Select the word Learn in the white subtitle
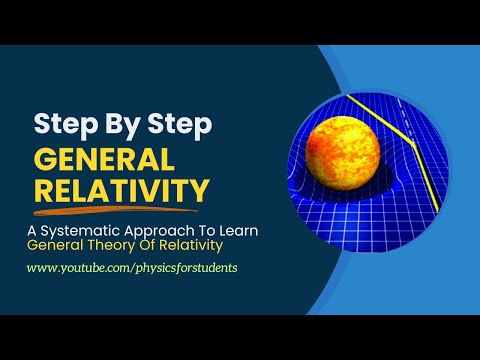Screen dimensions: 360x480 click(239, 231)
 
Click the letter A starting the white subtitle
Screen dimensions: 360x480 click(32, 231)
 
